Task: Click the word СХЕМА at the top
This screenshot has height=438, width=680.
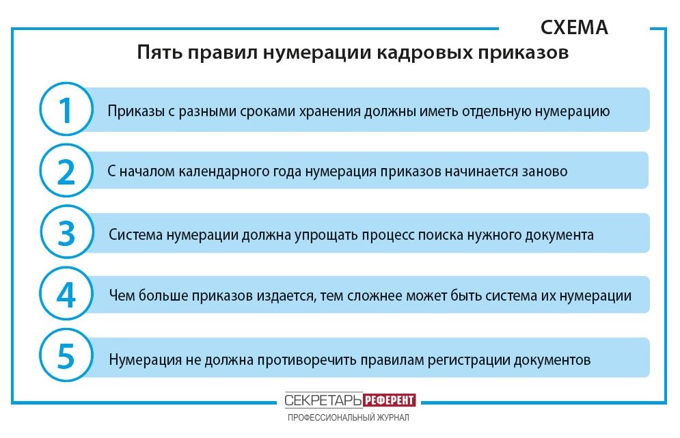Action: (574, 27)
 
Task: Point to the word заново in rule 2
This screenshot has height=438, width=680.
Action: (544, 172)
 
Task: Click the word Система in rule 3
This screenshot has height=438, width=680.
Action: (135, 235)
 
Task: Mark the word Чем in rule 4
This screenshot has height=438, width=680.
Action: (122, 296)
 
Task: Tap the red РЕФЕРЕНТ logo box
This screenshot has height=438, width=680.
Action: (389, 400)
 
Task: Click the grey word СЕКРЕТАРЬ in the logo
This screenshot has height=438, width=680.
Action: (323, 400)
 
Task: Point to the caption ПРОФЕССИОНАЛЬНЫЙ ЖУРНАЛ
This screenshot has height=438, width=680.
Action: (349, 418)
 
